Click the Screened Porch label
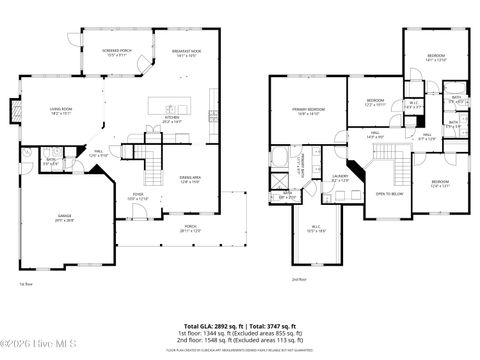coord(118,52)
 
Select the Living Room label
coord(68,111)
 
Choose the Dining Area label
coord(164,179)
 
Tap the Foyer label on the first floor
coord(137,197)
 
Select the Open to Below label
coord(389,193)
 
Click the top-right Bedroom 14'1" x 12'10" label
coord(436,57)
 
